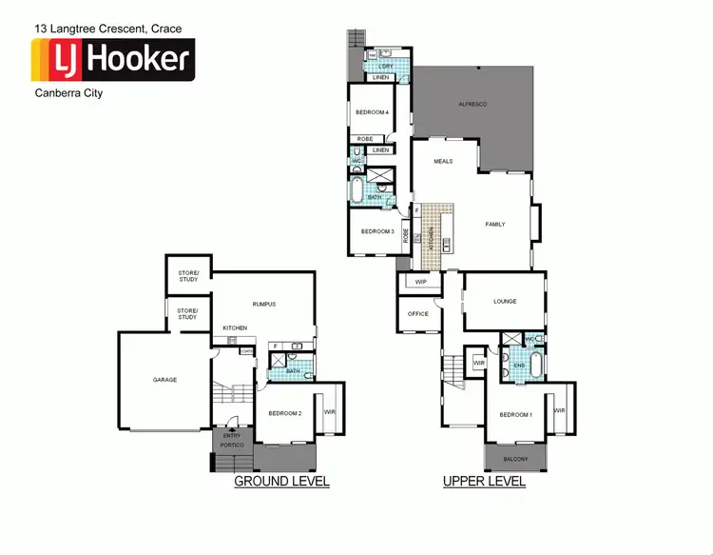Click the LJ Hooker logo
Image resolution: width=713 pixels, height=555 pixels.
coord(113,61)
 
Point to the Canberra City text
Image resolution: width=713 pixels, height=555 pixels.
coord(69,94)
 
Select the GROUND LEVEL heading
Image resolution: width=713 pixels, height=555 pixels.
coord(281,482)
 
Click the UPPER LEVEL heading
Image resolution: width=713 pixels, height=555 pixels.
coord(484,482)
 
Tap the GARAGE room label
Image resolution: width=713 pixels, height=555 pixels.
coord(164,380)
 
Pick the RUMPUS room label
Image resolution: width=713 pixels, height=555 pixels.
coord(263,305)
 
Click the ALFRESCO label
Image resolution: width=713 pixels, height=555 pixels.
coord(472,103)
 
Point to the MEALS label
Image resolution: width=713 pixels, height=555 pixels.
coord(443,162)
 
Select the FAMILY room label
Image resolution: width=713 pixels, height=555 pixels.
coord(495,225)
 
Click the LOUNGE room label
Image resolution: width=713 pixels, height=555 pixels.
coord(505,302)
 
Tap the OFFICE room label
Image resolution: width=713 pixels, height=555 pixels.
coord(418,314)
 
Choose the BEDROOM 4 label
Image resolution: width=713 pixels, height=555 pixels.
coord(372,112)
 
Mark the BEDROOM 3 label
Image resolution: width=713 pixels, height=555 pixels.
coord(377,232)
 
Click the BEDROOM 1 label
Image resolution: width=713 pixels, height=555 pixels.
coord(516,415)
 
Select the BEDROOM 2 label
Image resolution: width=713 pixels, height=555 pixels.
coord(284,413)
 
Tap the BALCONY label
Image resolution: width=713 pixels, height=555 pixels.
coord(517,460)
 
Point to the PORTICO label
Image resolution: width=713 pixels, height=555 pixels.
coord(233,446)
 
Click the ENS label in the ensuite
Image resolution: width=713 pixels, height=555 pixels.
coord(519,366)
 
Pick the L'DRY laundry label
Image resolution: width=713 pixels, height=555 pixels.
coord(386,66)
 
